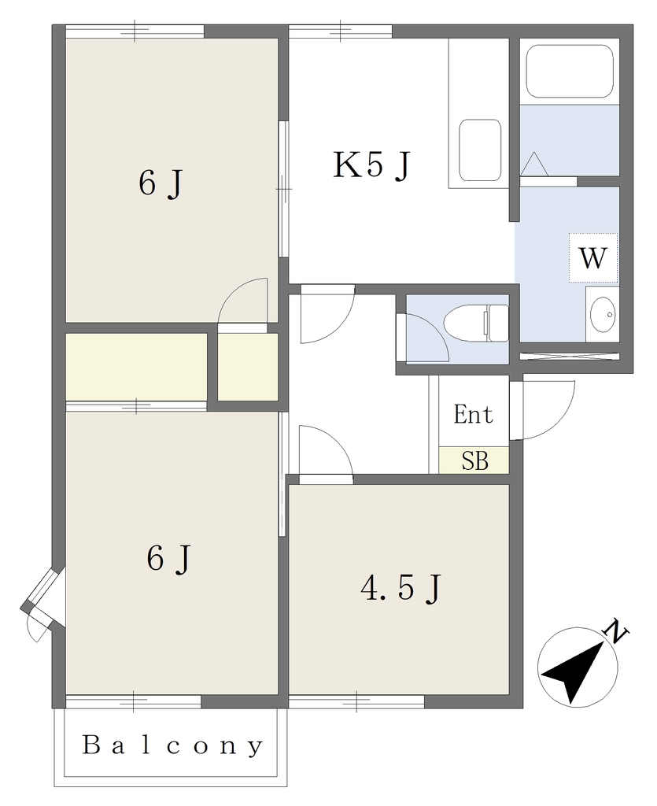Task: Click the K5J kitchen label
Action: (x=372, y=165)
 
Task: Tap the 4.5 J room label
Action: (x=400, y=588)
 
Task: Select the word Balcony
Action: (x=173, y=746)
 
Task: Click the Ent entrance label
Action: (x=473, y=414)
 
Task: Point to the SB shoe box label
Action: (x=474, y=460)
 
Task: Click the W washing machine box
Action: (x=592, y=257)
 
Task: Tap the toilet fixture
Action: (x=476, y=323)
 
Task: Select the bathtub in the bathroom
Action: (x=570, y=71)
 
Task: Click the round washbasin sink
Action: (x=602, y=314)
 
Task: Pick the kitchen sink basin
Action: (x=480, y=150)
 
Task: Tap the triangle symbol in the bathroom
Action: (x=534, y=164)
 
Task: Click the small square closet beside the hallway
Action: (x=248, y=366)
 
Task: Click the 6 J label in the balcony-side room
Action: (x=169, y=558)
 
